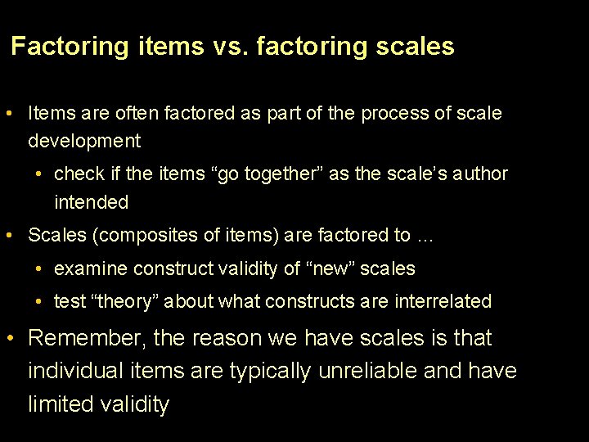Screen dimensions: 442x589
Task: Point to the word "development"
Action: click(x=84, y=141)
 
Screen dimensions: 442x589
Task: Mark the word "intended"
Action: click(x=92, y=202)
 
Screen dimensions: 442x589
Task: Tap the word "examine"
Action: click(x=91, y=268)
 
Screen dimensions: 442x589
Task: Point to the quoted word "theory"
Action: click(x=124, y=301)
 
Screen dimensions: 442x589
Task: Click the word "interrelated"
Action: click(x=443, y=301)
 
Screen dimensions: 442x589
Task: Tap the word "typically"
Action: click(x=270, y=371)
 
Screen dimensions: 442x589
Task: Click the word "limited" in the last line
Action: click(x=62, y=404)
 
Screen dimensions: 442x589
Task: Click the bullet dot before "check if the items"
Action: click(x=39, y=174)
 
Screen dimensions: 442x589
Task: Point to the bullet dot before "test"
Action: click(x=39, y=301)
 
